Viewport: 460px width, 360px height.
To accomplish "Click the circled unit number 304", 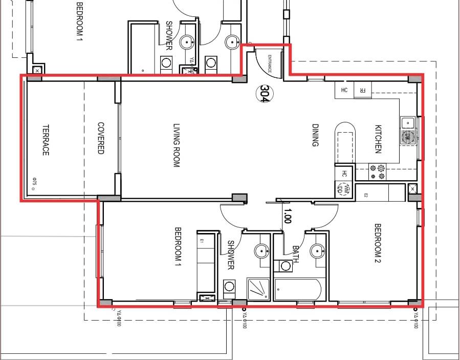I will [x=264, y=93].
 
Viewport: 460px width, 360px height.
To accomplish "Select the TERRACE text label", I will [x=45, y=140].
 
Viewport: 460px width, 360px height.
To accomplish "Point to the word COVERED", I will [x=101, y=138].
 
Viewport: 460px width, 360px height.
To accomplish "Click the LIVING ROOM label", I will [x=177, y=145].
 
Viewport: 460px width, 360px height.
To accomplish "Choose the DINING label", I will [x=315, y=135].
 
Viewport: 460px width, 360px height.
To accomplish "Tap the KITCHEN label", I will [x=378, y=139].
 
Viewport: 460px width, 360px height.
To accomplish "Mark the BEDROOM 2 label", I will [x=378, y=244].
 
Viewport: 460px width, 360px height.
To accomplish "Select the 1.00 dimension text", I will [x=287, y=216].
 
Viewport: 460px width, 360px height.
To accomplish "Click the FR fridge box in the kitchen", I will [x=362, y=90].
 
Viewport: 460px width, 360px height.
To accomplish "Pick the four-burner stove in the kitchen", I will [x=378, y=172].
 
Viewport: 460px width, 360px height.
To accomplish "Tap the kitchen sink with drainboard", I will [x=408, y=130].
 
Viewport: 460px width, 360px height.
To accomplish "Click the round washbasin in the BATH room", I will [x=318, y=251].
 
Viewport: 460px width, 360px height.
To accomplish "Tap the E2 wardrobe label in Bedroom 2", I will [x=366, y=194].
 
